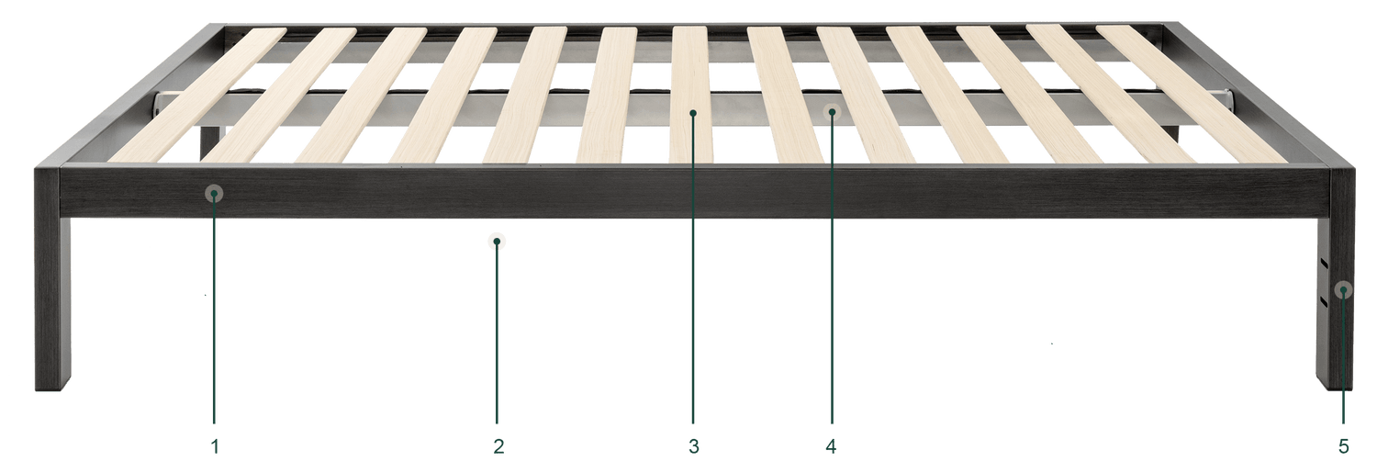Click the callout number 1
pos(215,446)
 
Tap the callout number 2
pos(498,446)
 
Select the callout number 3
pos(693,446)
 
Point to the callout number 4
pos(831,446)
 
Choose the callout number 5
pos(1344,446)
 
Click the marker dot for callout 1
pos(214,194)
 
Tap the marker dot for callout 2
pos(497,242)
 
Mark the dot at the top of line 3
pos(693,113)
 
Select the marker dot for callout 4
pos(833,111)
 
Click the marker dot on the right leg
pos(1343,289)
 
